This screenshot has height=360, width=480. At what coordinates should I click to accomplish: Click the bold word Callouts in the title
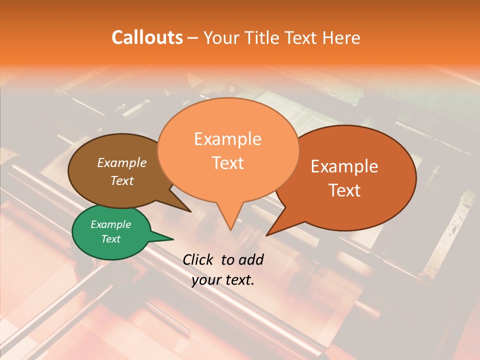[147, 37]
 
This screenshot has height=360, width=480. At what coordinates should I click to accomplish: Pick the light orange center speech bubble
[228, 150]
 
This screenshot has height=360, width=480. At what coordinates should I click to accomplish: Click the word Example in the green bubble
[111, 224]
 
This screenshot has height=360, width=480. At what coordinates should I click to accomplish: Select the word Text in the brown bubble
[122, 180]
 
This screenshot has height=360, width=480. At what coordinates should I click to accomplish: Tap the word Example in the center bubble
[228, 139]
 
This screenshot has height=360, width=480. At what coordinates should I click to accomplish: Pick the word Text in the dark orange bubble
[344, 190]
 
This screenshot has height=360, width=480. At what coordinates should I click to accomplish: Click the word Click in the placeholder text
[198, 259]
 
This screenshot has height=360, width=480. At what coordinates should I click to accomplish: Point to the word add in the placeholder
[251, 259]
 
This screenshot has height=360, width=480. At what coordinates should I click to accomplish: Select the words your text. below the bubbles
[223, 280]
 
